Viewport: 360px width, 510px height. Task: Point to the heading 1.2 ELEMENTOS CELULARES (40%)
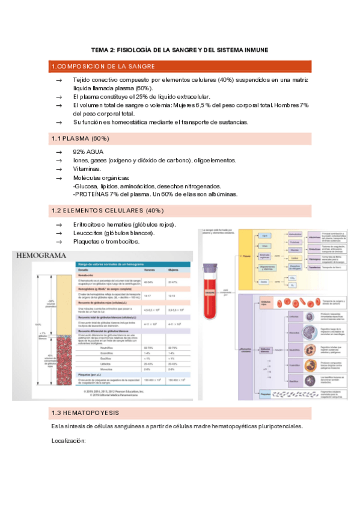click(108, 210)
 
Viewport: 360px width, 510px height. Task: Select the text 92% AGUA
click(88, 152)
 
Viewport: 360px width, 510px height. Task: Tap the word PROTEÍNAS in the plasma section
click(92, 194)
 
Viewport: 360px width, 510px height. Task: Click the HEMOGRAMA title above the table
click(41, 256)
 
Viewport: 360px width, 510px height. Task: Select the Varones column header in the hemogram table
click(148, 270)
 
